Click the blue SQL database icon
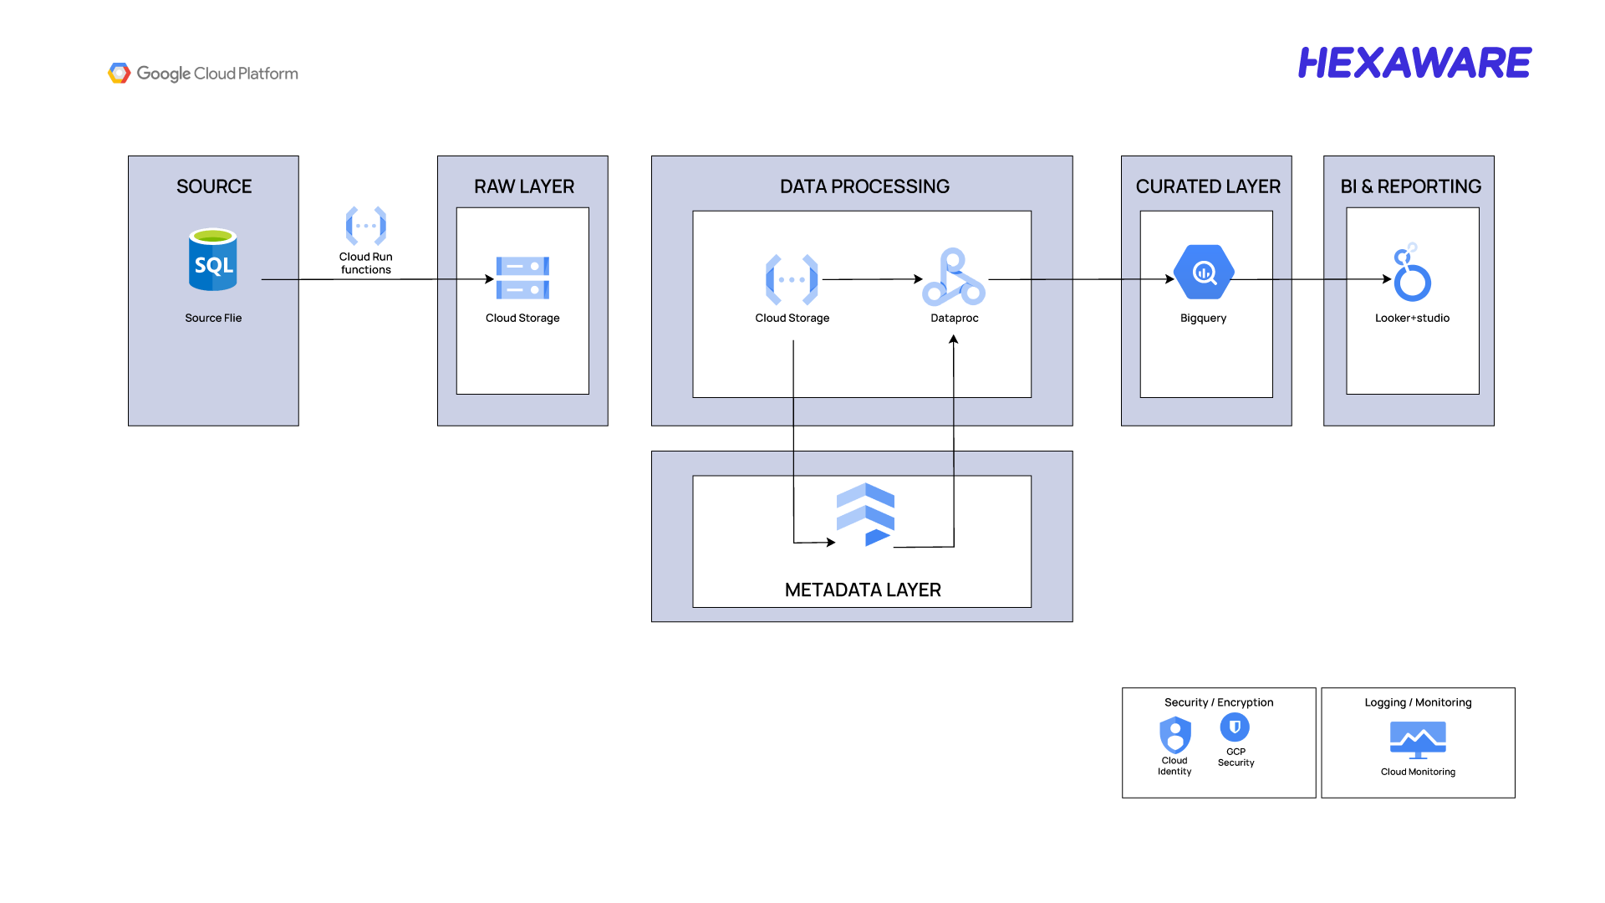pyautogui.click(x=213, y=260)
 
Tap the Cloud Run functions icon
pyautogui.click(x=366, y=226)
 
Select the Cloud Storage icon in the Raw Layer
pyautogui.click(x=522, y=278)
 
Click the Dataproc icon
pyautogui.click(x=954, y=277)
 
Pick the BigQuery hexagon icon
pyautogui.click(x=1204, y=272)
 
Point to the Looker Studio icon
pyautogui.click(x=1412, y=272)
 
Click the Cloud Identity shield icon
pyautogui.click(x=1175, y=735)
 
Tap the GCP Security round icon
pyautogui.click(x=1235, y=727)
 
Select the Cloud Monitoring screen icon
pyautogui.click(x=1418, y=740)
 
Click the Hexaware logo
pyautogui.click(x=1414, y=63)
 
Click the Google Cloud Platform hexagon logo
pyautogui.click(x=120, y=74)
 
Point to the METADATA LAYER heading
pyautogui.click(x=863, y=590)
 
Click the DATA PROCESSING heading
pyautogui.click(x=864, y=186)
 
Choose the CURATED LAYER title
pyautogui.click(x=1208, y=186)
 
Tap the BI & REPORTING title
pyautogui.click(x=1411, y=186)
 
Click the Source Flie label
pyautogui.click(x=213, y=318)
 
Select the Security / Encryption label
pyautogui.click(x=1219, y=702)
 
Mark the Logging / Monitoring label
pyautogui.click(x=1418, y=702)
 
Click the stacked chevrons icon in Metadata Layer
pyautogui.click(x=865, y=514)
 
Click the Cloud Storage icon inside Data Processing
pyautogui.click(x=792, y=279)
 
